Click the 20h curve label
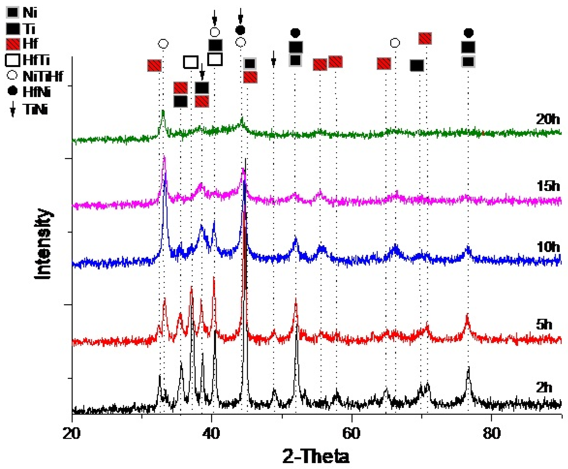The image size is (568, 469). point(548,119)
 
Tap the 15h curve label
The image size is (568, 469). point(548,186)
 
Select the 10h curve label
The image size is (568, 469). point(548,247)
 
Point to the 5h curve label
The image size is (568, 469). point(544,325)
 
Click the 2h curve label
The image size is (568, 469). point(544,388)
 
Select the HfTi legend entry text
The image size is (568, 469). point(36,60)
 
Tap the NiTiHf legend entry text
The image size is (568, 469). point(43,76)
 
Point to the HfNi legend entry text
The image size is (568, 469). point(36,92)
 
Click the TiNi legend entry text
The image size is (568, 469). point(35,109)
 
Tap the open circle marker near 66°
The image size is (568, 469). point(395,43)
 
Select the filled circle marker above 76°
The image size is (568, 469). point(468,33)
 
